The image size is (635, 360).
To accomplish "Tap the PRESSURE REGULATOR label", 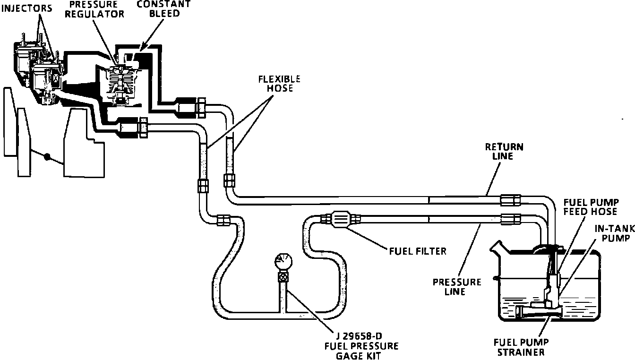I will tap(94, 9).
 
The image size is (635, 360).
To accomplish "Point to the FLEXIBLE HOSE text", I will tap(279, 84).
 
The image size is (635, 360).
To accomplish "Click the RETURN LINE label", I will tap(504, 151).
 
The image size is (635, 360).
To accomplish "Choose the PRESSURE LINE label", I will tap(457, 286).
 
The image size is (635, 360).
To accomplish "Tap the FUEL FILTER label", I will tap(417, 251).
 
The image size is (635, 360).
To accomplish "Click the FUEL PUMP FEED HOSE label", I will tap(590, 206).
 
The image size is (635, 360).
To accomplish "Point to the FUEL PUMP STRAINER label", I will tap(521, 347).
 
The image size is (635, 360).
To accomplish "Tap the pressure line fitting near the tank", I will tap(510, 219).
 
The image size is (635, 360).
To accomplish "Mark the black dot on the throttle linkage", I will tap(47, 157).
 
